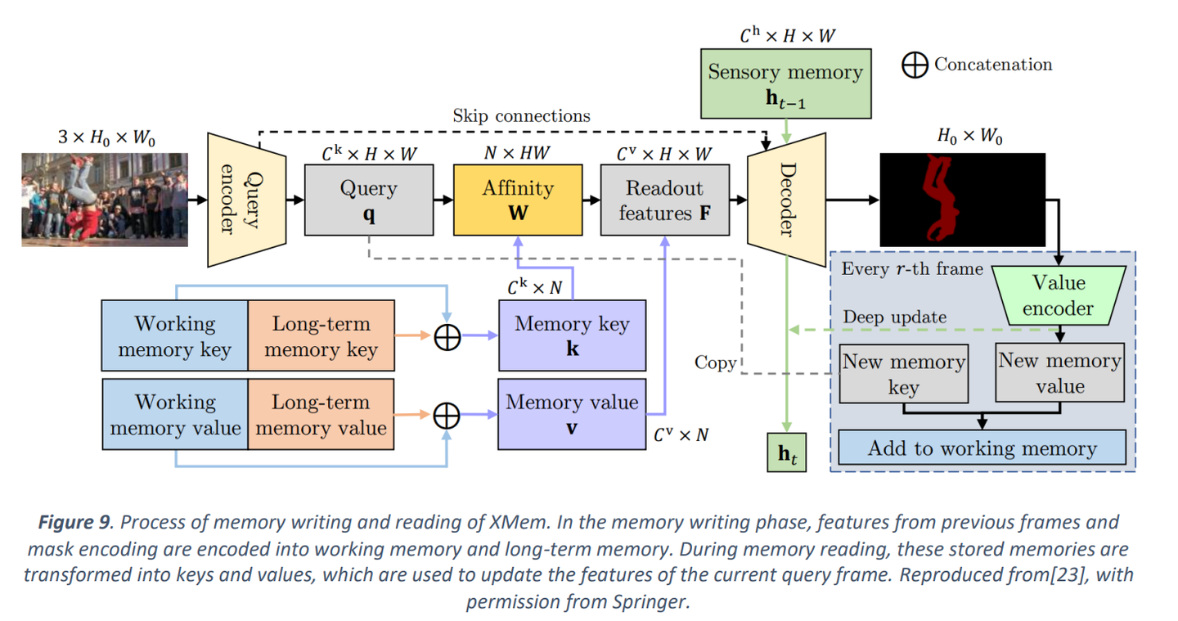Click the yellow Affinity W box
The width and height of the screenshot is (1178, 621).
point(518,200)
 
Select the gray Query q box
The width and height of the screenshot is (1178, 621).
point(368,200)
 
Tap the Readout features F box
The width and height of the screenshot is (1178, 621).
point(664,200)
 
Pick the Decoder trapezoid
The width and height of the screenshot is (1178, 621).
point(786,200)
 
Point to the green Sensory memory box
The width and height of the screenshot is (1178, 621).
point(785,82)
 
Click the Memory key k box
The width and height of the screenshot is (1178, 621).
point(571,335)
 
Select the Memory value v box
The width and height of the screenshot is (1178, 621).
point(571,414)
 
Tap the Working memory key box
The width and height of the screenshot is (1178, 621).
point(174,336)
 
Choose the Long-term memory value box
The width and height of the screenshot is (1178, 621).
point(321,414)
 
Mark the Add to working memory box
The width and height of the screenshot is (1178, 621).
point(982,448)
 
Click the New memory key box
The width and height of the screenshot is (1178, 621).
point(903,374)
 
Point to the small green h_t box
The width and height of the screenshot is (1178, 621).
point(786,456)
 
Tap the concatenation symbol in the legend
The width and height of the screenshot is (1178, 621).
point(915,65)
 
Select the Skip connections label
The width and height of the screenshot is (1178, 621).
point(521,116)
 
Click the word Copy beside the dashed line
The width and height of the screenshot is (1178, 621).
point(715,362)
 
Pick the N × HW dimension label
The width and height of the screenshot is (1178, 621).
point(517,153)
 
